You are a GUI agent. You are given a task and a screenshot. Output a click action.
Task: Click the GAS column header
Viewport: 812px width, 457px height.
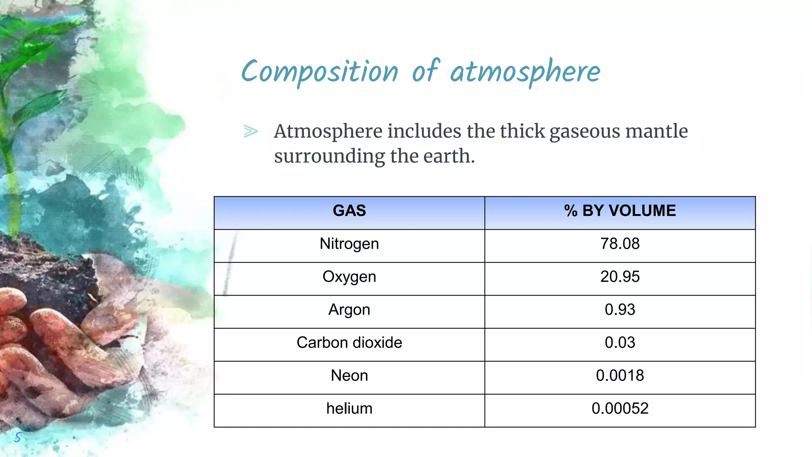tap(349, 211)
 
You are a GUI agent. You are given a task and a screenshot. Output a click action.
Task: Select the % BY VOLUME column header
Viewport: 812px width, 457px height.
tap(620, 211)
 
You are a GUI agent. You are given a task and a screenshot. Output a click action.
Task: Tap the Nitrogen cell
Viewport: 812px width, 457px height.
tap(349, 244)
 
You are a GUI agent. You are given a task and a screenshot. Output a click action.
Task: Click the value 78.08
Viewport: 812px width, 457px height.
tap(620, 244)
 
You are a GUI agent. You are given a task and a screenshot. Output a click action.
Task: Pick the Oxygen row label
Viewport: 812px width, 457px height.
tap(349, 277)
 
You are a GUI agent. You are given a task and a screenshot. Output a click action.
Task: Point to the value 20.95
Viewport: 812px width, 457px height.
tap(620, 277)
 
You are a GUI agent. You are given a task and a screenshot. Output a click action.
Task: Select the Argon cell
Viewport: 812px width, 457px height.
tap(349, 309)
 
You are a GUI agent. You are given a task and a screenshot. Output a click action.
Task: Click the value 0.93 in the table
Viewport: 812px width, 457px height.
tap(620, 309)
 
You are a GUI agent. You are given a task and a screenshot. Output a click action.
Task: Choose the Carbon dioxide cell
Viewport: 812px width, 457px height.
tap(349, 342)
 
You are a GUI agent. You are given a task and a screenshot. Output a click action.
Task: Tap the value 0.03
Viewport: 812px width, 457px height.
tap(620, 342)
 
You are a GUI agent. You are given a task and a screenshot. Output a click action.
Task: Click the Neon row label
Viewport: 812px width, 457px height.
tap(349, 375)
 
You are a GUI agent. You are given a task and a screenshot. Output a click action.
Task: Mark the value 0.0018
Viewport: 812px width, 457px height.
tap(620, 375)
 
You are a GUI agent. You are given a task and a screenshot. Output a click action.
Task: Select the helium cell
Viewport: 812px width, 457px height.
tap(349, 408)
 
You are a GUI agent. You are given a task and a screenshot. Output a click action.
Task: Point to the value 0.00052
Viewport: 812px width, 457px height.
tap(620, 408)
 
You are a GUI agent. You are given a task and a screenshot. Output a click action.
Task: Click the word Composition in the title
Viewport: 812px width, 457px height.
tap(320, 72)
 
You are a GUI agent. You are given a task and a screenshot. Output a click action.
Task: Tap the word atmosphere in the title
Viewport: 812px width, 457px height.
tap(525, 72)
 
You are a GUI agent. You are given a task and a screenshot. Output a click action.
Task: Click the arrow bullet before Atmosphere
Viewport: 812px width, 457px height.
tap(251, 131)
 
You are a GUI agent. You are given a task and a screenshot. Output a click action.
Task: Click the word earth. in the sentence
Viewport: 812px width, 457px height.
tap(449, 156)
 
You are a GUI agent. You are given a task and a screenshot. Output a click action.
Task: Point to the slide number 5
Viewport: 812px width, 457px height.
tap(17, 437)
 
